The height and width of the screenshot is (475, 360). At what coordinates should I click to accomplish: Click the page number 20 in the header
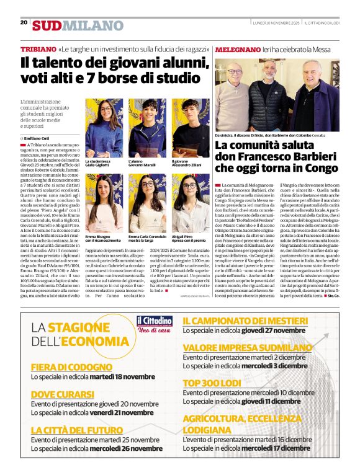click(24, 22)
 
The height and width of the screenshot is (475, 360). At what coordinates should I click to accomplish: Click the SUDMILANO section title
click(78, 25)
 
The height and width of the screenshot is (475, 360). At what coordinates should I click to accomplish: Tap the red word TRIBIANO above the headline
click(38, 49)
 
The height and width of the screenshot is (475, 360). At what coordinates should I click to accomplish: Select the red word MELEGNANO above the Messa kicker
click(238, 49)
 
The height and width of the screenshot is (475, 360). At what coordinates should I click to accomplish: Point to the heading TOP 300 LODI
click(212, 383)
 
